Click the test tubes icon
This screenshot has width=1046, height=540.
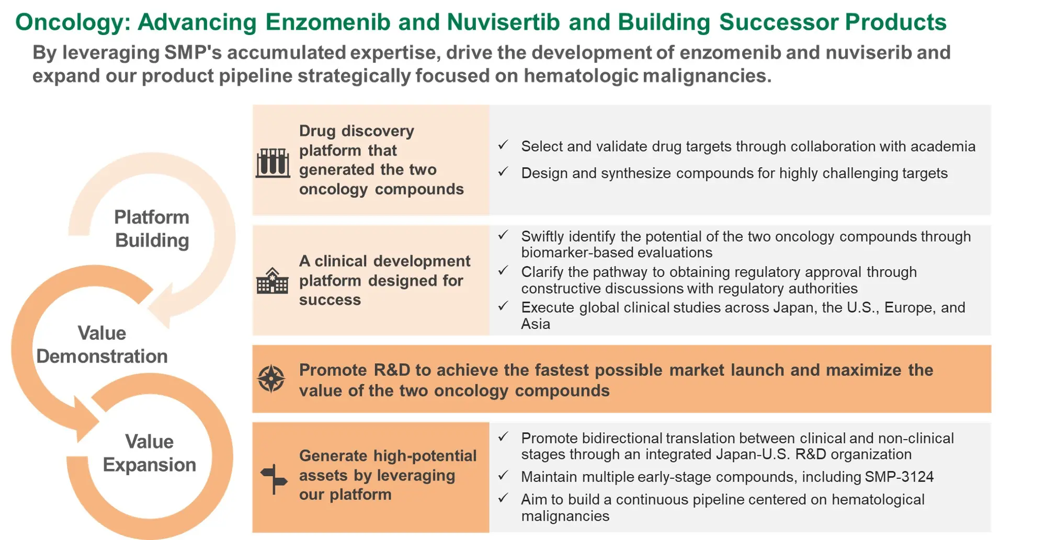point(272,163)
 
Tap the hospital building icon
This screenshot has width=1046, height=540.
point(272,281)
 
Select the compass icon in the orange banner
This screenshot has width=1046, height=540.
point(271,378)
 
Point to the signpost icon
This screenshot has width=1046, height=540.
point(274,479)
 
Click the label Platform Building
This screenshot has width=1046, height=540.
point(152,228)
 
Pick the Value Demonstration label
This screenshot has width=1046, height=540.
point(102,344)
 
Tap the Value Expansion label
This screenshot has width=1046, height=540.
point(150,453)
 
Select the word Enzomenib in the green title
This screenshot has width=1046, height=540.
point(328,22)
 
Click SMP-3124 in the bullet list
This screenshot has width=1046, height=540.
point(899,477)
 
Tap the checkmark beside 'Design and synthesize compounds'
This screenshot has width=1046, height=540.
point(503,171)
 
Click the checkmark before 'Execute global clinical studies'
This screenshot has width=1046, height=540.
point(503,306)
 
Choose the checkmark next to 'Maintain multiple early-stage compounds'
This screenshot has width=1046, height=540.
point(503,475)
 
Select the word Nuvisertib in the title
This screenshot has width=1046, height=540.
point(503,22)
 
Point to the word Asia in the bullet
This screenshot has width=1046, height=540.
point(536,324)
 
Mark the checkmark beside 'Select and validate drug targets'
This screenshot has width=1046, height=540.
point(503,145)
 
